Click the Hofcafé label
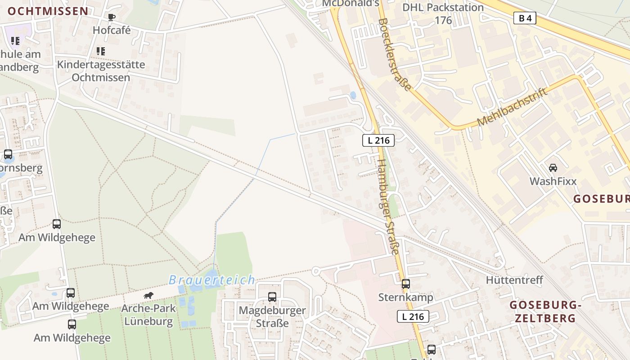(x=112, y=30)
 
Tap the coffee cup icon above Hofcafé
(x=112, y=17)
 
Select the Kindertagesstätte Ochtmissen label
(x=101, y=71)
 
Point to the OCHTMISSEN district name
(x=48, y=11)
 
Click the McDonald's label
(x=351, y=3)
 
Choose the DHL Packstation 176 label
(x=443, y=13)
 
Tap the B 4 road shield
(x=524, y=18)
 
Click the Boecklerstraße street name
(x=395, y=54)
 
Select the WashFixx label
(x=553, y=181)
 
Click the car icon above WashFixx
(x=553, y=168)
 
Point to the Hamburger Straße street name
(x=388, y=207)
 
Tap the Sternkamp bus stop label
(x=405, y=297)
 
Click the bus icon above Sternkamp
(x=406, y=283)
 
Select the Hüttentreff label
(x=514, y=280)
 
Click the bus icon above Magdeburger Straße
(x=272, y=297)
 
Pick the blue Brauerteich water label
(x=212, y=280)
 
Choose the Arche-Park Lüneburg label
(x=148, y=315)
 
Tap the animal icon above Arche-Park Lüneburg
(x=148, y=295)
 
